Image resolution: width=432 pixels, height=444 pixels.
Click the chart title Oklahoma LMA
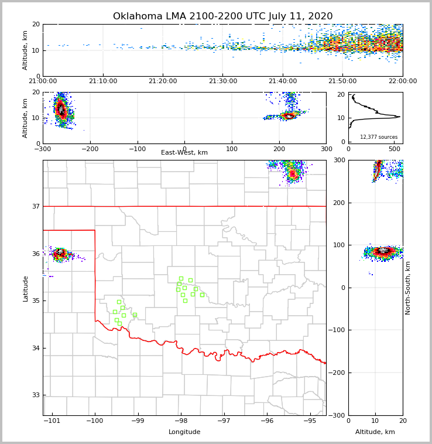coord(222,16)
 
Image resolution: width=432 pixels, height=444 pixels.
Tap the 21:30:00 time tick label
coord(222,81)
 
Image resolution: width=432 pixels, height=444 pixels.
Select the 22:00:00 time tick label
coord(402,81)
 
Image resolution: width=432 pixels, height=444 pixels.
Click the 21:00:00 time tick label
coord(43,81)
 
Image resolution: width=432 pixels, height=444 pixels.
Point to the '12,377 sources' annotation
coord(378,137)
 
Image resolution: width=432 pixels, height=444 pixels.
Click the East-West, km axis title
coord(184,153)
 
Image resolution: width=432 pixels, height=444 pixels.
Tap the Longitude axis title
coord(184,432)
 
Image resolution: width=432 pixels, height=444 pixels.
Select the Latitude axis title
coord(25,288)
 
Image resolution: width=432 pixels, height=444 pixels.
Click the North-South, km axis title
coord(408,288)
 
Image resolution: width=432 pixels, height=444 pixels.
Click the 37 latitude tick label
coord(36,207)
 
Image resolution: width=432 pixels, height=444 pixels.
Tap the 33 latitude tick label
coord(36,395)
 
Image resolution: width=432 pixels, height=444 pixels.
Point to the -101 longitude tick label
coord(52,421)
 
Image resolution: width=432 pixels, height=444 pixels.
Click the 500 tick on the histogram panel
coord(395,149)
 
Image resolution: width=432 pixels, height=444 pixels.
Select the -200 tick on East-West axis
coord(90,149)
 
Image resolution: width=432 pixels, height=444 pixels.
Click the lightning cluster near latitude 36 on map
coord(60,253)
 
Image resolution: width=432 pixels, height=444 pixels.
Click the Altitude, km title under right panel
coord(375,432)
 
